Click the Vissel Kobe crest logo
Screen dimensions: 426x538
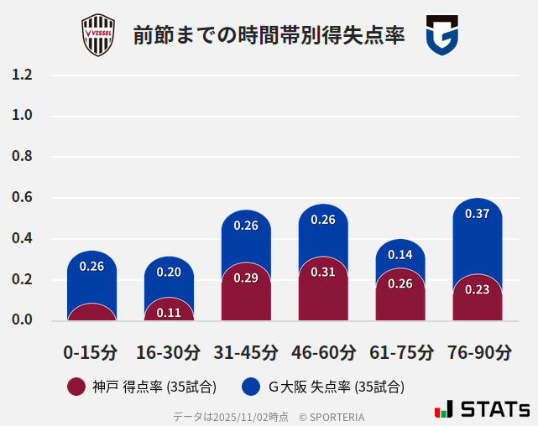click(97, 35)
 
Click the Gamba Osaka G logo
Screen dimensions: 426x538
click(441, 35)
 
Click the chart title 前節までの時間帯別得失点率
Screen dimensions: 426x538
click(269, 36)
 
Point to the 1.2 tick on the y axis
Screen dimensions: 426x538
click(22, 75)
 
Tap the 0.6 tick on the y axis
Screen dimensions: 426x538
click(22, 198)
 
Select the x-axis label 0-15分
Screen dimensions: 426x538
click(91, 352)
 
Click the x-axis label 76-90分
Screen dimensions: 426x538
click(478, 352)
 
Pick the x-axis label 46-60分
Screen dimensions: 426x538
click(323, 352)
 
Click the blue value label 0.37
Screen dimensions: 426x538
click(477, 214)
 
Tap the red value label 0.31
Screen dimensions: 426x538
click(323, 272)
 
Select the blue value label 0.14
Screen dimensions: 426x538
click(400, 255)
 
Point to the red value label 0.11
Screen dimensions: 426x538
click(169, 313)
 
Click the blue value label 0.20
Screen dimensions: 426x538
click(169, 272)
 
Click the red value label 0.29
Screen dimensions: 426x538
click(246, 278)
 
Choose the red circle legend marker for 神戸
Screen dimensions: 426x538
click(76, 387)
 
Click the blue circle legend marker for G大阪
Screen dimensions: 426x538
click(250, 387)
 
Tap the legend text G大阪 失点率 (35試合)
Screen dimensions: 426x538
click(336, 387)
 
